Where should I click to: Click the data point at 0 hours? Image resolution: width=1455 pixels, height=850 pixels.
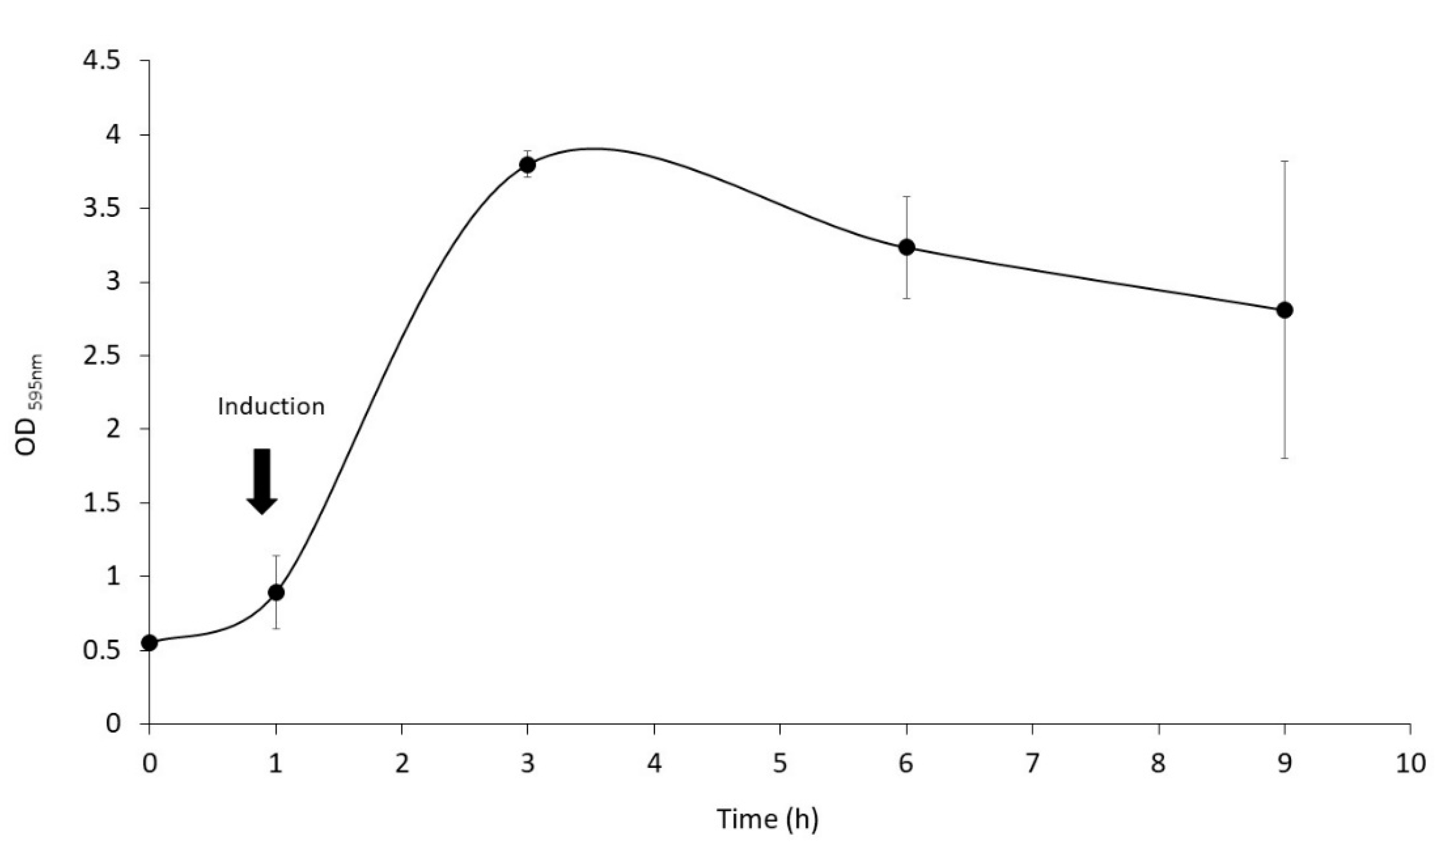tap(150, 642)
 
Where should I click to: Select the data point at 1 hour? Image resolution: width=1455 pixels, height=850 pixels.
tap(277, 592)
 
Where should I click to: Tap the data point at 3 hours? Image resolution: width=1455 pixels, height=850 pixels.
tap(527, 165)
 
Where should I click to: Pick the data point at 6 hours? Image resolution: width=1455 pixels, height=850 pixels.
tap(906, 247)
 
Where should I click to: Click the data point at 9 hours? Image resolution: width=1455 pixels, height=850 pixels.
tap(1285, 310)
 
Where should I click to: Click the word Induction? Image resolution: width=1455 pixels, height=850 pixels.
tap(272, 407)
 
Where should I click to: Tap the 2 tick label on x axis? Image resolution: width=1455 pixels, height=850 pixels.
tap(401, 764)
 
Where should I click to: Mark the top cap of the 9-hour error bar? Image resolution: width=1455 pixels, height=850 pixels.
tap(1285, 161)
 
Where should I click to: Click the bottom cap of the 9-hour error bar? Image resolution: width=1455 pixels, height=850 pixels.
tap(1285, 458)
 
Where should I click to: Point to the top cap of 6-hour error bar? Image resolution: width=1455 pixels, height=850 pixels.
tap(906, 197)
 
